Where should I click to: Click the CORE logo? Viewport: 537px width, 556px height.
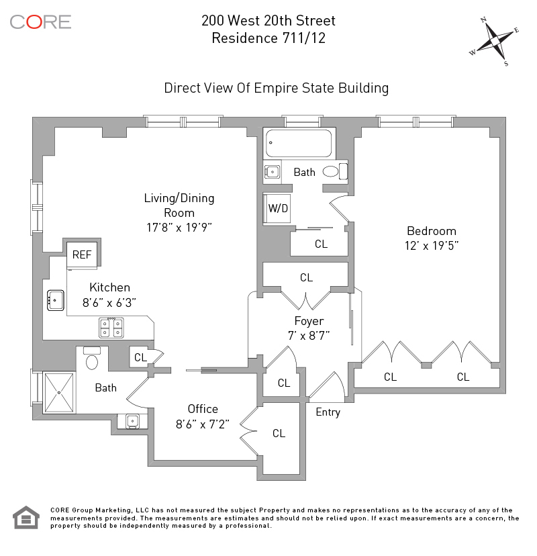(x=40, y=22)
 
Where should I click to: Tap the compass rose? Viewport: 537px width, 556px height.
(x=494, y=41)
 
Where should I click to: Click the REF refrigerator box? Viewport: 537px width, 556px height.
(x=82, y=254)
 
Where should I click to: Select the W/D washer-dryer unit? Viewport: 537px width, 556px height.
(x=277, y=208)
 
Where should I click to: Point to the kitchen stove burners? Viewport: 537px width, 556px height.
(x=111, y=328)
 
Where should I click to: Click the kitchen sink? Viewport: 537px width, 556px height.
(x=56, y=300)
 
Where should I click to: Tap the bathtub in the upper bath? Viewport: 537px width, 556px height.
(x=299, y=143)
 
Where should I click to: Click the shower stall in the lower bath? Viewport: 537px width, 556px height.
(x=59, y=392)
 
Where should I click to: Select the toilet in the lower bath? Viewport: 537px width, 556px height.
(x=92, y=358)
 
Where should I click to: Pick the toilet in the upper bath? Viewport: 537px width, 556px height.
(x=335, y=172)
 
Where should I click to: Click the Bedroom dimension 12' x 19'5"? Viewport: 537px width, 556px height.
(x=432, y=246)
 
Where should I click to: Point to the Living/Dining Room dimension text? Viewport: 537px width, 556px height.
(x=179, y=227)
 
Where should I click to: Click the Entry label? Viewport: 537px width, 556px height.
(x=328, y=412)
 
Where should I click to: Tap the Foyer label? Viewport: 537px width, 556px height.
(x=309, y=321)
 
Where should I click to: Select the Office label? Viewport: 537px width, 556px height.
(x=203, y=409)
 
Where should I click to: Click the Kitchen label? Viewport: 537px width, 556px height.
(x=109, y=287)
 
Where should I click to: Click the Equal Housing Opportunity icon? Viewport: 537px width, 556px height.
(x=26, y=517)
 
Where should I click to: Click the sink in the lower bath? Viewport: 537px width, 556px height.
(x=132, y=421)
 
